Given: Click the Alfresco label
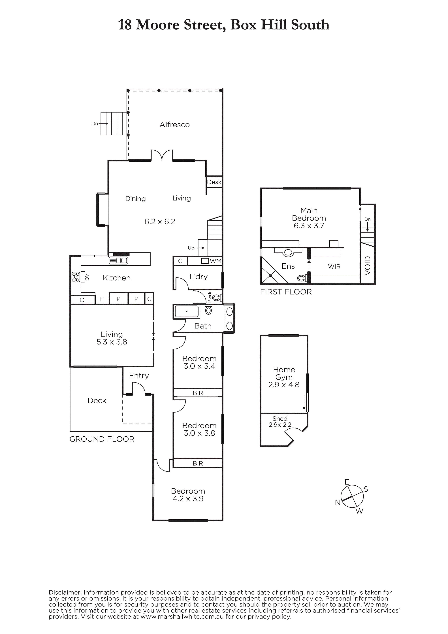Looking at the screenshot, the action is coord(175,125).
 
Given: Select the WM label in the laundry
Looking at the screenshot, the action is coord(216,261).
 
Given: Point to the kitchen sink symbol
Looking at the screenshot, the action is coord(118,260).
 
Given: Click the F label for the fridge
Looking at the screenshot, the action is coord(102,299).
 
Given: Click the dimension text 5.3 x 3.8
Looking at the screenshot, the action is coord(112,342).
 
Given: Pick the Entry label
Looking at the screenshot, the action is coord(139,376).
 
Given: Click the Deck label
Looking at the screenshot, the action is coord(97,400).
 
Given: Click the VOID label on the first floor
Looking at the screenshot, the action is coord(367,266).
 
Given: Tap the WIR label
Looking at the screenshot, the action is coord(334,267).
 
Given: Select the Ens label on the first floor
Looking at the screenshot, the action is coord(288,266).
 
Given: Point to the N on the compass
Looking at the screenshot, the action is coord(338,503).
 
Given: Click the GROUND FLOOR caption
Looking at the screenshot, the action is coord(102,439).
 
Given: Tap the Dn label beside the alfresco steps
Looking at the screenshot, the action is coord(95,123).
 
